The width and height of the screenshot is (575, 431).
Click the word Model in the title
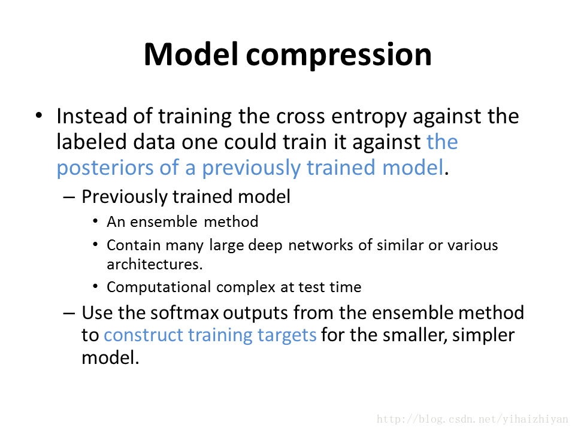coord(190,54)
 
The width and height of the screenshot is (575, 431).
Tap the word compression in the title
coord(339,56)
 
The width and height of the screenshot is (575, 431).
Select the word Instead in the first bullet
coord(92,116)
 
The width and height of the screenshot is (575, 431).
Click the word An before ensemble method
coord(116,222)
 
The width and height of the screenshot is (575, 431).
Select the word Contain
coord(134,245)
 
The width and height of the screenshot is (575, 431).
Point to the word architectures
coord(155,265)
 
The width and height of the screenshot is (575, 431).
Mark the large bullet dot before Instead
coord(39,116)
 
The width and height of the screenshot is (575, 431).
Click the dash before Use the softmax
coord(69,314)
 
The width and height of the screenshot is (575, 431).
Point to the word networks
coord(320,245)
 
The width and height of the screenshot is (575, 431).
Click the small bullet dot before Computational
coord(95,287)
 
